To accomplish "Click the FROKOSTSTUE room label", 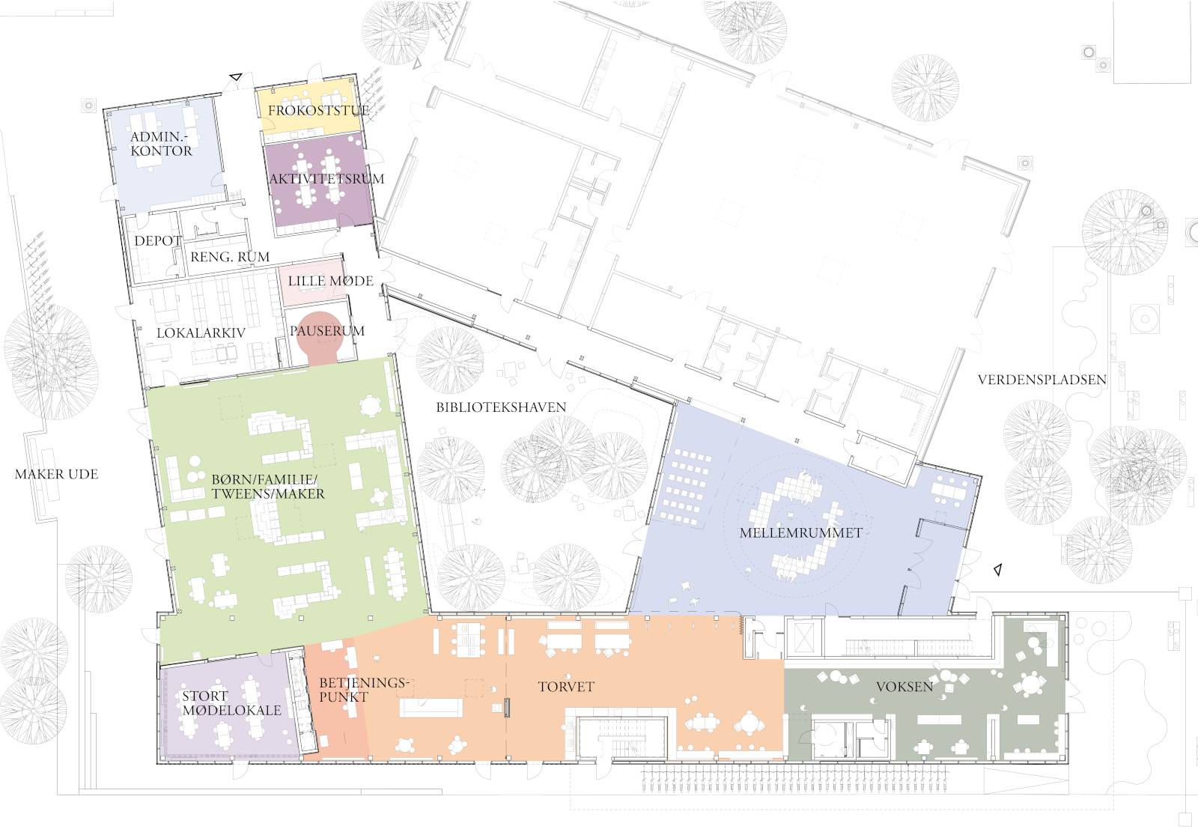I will click(x=318, y=111).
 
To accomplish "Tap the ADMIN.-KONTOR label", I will click(x=161, y=144).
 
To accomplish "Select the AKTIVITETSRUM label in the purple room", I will click(x=326, y=179).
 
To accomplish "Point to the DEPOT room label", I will click(x=157, y=241).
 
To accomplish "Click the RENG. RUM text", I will click(x=230, y=257).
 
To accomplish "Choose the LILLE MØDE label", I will click(x=330, y=282).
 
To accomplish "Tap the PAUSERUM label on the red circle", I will click(x=327, y=331).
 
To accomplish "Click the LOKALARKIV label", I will click(x=201, y=333).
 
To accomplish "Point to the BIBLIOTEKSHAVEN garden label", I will click(x=501, y=407).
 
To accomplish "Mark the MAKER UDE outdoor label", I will click(x=56, y=474).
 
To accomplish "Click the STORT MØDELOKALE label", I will click(x=231, y=703).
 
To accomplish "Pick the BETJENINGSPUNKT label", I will click(x=364, y=690).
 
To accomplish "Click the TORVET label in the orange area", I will click(x=566, y=687).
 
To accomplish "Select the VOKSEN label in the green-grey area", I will click(x=904, y=686).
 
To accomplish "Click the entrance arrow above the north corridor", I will click(x=236, y=76).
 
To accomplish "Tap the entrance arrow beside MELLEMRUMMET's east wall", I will click(x=996, y=570).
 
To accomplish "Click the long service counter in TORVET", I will click(x=431, y=707).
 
